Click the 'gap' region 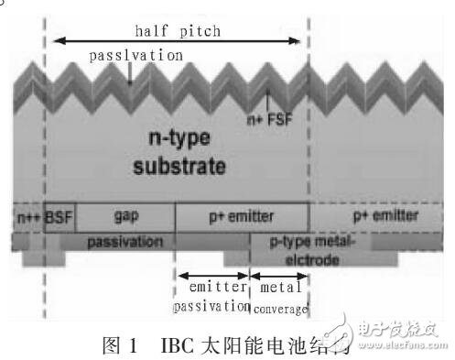click(x=125, y=216)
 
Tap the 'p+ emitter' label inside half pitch click(x=241, y=216)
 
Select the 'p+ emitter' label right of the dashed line click(x=385, y=216)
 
